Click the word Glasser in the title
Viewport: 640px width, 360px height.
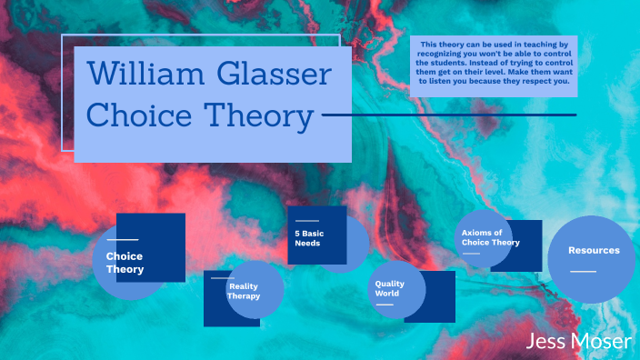[x=274, y=74]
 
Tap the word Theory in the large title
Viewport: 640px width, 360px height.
[x=256, y=116]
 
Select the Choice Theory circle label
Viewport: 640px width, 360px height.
[x=125, y=263]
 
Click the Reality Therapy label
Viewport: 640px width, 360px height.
[x=244, y=291]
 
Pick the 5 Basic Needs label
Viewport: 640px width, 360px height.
[x=308, y=238]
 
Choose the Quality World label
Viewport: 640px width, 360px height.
[x=389, y=288]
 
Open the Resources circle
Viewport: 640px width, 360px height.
[x=594, y=250]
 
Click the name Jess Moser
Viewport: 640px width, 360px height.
[x=578, y=342]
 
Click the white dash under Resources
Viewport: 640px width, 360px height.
[x=583, y=271]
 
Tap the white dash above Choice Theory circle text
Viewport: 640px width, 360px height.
[x=121, y=239]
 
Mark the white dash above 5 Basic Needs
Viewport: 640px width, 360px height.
[x=306, y=221]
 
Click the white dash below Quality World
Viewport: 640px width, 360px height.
[x=385, y=304]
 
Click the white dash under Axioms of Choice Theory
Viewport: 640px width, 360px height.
[x=470, y=254]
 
